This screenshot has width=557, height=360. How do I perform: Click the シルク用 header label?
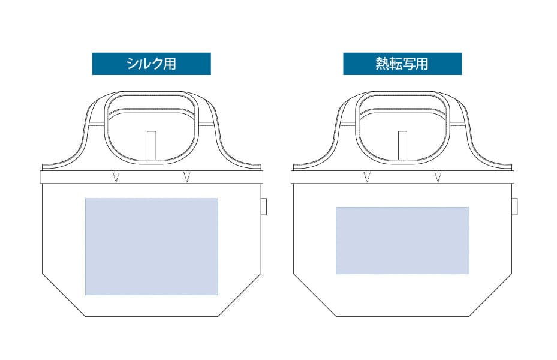coord(151,64)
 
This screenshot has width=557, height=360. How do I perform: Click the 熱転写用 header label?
coord(402,64)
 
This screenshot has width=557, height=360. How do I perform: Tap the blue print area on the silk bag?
coord(152,247)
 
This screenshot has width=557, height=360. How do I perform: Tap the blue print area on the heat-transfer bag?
coord(402,241)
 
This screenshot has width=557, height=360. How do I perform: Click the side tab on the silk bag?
coord(264,206)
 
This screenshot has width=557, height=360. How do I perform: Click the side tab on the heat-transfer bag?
coord(514,206)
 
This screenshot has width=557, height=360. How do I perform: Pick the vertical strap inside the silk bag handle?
coord(152,145)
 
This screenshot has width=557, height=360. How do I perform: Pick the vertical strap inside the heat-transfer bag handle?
coord(402,145)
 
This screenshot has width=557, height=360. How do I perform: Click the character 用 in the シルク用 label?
coord(170,64)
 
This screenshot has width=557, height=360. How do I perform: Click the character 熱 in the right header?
coord(383,64)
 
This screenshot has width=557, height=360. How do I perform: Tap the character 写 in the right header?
coord(409,64)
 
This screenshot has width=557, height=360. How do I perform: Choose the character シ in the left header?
coord(133,64)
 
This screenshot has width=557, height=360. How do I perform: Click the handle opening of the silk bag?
coord(152,128)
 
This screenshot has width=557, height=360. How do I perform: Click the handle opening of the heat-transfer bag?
coord(402,128)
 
